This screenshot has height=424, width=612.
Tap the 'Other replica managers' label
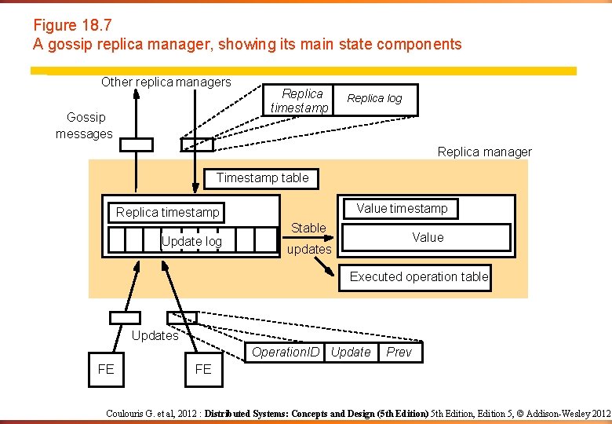166,82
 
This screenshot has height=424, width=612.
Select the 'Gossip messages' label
85,126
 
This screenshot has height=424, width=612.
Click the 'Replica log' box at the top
374,99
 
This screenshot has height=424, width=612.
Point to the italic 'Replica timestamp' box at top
301,101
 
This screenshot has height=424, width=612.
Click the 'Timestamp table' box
262,178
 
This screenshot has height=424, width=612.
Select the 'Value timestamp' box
402,208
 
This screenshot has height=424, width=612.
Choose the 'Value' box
428,237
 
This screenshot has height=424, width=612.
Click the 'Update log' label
191,241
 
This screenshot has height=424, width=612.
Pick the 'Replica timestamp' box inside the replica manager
167,212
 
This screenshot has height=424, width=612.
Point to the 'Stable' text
308,228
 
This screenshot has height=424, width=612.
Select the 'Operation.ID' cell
286,353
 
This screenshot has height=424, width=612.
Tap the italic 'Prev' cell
399,353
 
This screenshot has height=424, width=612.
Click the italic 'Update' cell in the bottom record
350,353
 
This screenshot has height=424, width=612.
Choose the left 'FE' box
106,370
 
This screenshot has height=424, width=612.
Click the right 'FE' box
203,370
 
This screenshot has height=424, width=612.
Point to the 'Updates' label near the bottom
155,336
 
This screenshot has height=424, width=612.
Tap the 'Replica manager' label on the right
484,152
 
